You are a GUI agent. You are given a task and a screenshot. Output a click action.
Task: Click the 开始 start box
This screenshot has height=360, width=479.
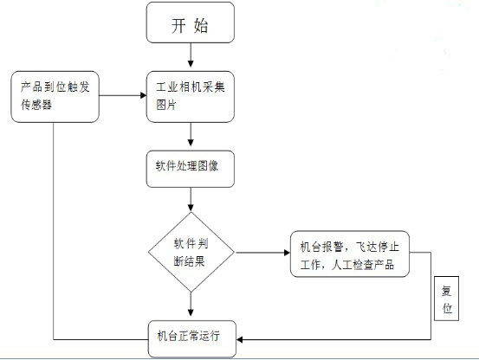(x=191, y=22)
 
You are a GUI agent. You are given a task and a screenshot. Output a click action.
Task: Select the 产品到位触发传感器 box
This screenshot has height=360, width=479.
(x=55, y=97)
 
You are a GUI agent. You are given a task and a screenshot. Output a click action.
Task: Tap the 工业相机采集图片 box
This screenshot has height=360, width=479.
(x=191, y=97)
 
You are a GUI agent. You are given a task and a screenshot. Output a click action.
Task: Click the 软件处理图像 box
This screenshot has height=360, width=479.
(x=191, y=169)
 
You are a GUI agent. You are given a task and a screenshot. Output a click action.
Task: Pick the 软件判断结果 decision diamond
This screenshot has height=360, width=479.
(x=191, y=252)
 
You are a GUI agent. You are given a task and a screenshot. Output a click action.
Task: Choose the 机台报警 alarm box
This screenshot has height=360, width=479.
(x=349, y=254)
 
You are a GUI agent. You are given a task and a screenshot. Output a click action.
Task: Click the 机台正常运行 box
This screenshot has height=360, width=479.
(x=192, y=338)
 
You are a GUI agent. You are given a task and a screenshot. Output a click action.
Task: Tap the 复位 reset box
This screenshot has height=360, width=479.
(x=446, y=299)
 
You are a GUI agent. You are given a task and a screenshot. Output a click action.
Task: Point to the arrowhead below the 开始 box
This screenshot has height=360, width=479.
(x=191, y=64)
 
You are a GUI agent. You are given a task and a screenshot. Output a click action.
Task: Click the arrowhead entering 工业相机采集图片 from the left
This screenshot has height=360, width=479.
(x=143, y=95)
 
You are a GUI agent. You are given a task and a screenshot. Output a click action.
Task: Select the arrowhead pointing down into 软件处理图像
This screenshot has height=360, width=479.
(x=191, y=143)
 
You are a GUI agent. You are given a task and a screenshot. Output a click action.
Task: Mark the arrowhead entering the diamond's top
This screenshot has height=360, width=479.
(x=191, y=208)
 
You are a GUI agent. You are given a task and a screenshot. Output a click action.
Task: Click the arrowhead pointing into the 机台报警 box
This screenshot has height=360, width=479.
(x=287, y=253)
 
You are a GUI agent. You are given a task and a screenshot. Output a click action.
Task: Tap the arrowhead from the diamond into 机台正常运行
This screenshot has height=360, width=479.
(x=191, y=312)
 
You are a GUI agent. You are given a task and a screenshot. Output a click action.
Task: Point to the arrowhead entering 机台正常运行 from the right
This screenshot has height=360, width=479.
(x=240, y=339)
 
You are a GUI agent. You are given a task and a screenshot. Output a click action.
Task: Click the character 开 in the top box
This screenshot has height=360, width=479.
(x=178, y=25)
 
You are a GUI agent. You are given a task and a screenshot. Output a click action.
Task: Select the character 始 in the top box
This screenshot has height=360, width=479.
(x=201, y=25)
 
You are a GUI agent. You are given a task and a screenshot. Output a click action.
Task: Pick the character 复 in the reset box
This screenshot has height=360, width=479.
(x=447, y=291)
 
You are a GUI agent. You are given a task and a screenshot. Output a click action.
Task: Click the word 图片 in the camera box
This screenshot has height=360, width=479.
(x=166, y=105)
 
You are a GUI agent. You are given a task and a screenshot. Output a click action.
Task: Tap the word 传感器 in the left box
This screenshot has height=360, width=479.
(x=36, y=105)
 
